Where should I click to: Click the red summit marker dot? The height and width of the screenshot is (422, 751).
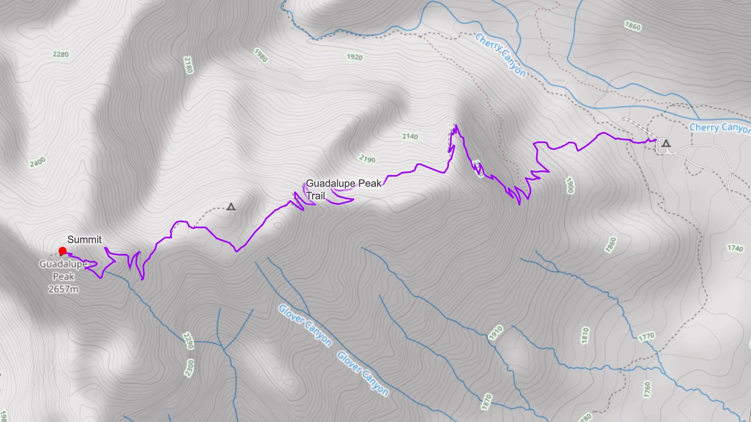(x=63, y=251)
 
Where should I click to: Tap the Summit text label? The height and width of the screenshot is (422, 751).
(x=84, y=240)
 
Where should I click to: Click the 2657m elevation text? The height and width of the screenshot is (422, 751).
(x=63, y=289)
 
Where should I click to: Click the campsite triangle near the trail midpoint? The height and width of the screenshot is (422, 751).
(x=231, y=207)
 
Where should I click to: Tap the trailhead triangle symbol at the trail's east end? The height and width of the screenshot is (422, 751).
(x=666, y=143)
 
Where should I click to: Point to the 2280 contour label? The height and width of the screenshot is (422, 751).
(x=61, y=54)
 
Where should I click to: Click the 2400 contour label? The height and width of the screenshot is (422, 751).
(x=38, y=162)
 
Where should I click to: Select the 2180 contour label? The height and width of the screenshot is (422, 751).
(x=188, y=65)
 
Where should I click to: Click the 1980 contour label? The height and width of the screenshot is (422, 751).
(x=261, y=55)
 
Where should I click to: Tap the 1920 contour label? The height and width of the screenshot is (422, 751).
(x=354, y=57)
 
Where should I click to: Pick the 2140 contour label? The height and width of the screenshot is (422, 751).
(x=410, y=136)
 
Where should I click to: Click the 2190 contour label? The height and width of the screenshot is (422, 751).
(x=367, y=159)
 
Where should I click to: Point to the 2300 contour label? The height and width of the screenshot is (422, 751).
(x=189, y=368)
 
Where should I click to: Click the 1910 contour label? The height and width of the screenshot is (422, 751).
(x=496, y=333)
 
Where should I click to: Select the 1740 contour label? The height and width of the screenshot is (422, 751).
(x=735, y=249)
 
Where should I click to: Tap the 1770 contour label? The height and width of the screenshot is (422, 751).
(x=646, y=337)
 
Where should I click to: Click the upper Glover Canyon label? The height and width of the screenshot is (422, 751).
(x=305, y=325)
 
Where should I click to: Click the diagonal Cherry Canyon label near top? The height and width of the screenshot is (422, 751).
(x=500, y=55)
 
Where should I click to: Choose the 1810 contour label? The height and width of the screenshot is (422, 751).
(x=585, y=335)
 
